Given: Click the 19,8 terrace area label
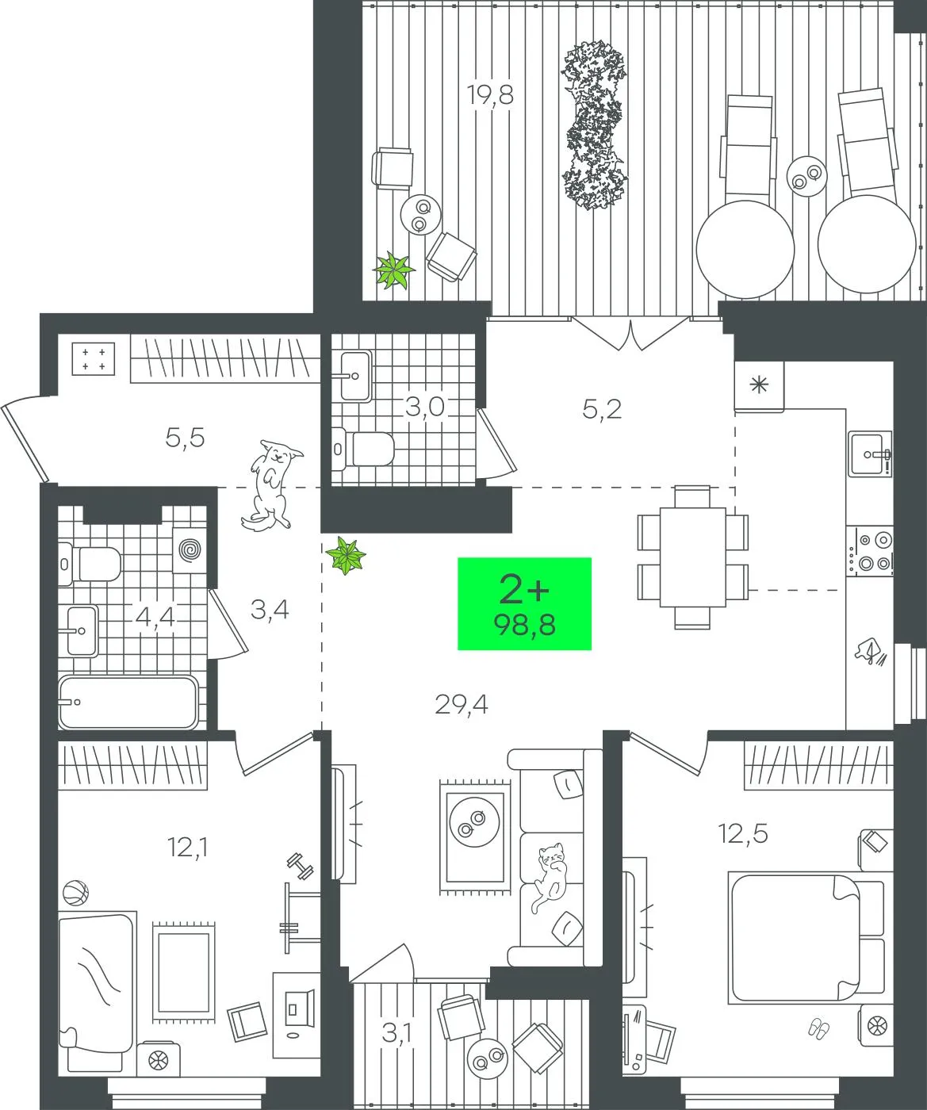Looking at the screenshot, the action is [490, 96].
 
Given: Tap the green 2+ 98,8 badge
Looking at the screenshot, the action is [524, 603].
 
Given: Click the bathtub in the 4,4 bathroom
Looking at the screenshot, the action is [128, 702].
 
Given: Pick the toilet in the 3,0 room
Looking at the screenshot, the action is [363, 449].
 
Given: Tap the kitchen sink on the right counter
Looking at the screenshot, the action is [869, 454].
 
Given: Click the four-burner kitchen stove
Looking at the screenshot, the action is [869, 551].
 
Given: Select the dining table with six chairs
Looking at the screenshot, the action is [692, 557].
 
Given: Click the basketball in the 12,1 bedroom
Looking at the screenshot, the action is [75, 892].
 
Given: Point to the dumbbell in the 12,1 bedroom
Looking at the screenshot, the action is [300, 867].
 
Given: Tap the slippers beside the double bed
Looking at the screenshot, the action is [818, 1028].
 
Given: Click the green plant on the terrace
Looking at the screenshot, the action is [393, 270].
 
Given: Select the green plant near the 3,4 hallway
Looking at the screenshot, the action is [347, 556].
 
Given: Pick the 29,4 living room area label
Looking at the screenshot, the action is [461, 705].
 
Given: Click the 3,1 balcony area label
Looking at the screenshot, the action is [397, 1035].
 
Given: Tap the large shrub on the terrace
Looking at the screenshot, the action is [594, 125].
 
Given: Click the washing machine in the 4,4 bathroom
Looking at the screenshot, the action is [190, 549].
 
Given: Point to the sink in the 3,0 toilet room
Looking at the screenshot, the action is [354, 376].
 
